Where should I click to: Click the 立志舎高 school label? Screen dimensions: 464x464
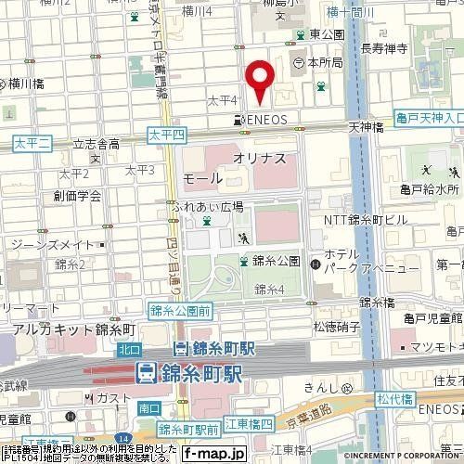(x=97, y=145)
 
